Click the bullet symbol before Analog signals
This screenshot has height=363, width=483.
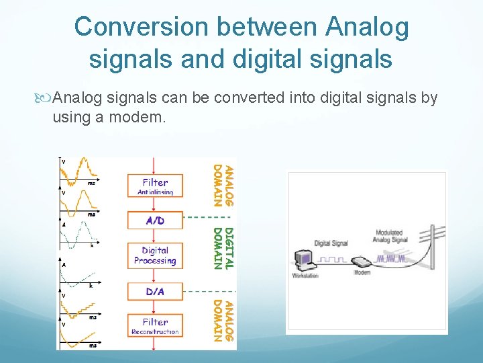tap(45, 99)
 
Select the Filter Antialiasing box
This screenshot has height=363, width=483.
tap(155, 186)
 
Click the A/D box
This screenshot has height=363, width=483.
tap(155, 220)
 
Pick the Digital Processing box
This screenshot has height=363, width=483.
tap(155, 255)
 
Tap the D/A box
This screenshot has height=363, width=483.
tap(155, 291)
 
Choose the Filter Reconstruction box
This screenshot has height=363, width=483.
tap(155, 326)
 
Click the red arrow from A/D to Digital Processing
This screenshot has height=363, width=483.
tap(155, 235)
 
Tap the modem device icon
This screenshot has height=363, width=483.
tap(361, 262)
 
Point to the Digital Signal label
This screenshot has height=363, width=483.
tap(331, 243)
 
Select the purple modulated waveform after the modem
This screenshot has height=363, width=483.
tap(392, 257)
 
